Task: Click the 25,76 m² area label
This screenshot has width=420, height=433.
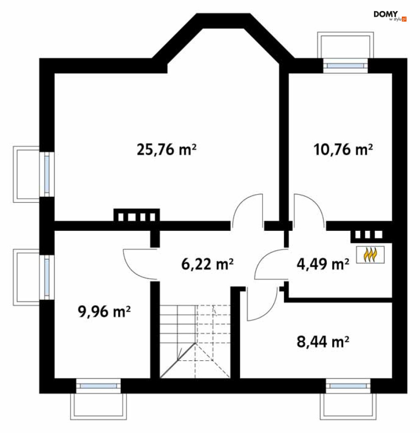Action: [166, 150]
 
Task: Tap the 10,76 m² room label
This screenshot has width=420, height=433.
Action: [343, 150]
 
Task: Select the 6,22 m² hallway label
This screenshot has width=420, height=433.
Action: [207, 264]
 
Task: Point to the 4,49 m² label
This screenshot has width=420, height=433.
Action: [323, 264]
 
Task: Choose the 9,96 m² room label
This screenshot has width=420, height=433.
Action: [104, 312]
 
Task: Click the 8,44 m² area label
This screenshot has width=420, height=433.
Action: [323, 342]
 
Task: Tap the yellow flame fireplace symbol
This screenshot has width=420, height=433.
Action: [370, 255]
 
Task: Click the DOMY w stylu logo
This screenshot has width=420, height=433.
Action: [390, 16]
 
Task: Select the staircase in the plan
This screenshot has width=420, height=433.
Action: [195, 341]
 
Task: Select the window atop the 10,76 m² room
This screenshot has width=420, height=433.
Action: [345, 66]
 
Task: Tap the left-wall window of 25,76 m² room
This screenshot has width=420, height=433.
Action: [47, 174]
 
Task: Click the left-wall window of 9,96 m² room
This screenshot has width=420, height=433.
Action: [47, 277]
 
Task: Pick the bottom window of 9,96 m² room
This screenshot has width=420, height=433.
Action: [98, 386]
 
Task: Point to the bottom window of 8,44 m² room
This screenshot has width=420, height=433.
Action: [348, 386]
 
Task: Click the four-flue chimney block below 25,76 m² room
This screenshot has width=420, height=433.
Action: [137, 215]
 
